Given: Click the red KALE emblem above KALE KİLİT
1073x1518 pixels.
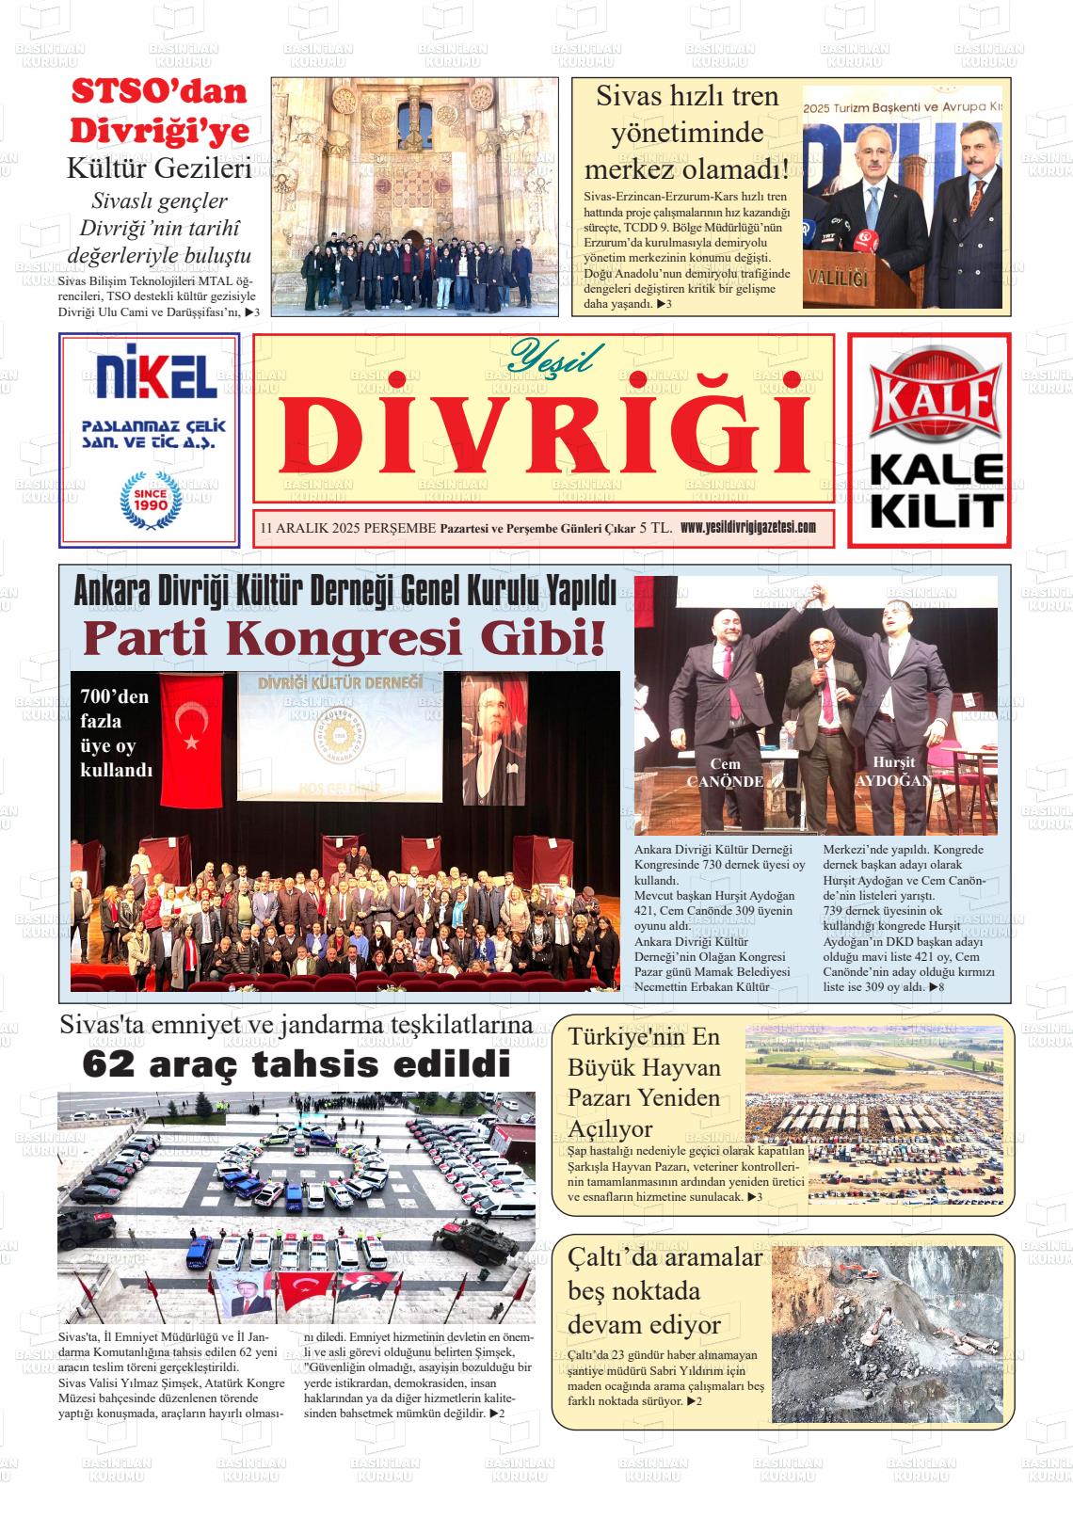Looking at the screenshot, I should point(930,398).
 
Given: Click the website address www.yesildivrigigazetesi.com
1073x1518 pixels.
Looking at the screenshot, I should point(747,527).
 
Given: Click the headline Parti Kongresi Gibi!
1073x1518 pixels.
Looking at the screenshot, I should point(344,638).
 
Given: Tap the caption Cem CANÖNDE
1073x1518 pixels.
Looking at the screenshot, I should point(725,773).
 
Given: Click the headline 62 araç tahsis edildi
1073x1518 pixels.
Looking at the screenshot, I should point(296,1064).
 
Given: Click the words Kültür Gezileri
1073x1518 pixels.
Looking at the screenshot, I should point(158,169).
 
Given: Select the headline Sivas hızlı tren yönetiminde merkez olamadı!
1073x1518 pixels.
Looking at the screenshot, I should point(686,133).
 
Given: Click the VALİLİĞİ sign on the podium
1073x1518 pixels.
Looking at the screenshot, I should point(837,279).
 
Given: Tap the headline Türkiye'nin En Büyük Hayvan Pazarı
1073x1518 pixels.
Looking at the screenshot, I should point(644,1081).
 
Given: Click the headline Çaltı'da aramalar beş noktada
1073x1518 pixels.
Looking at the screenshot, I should point(665,1289).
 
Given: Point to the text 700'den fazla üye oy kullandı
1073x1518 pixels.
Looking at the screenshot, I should point(117,733).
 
